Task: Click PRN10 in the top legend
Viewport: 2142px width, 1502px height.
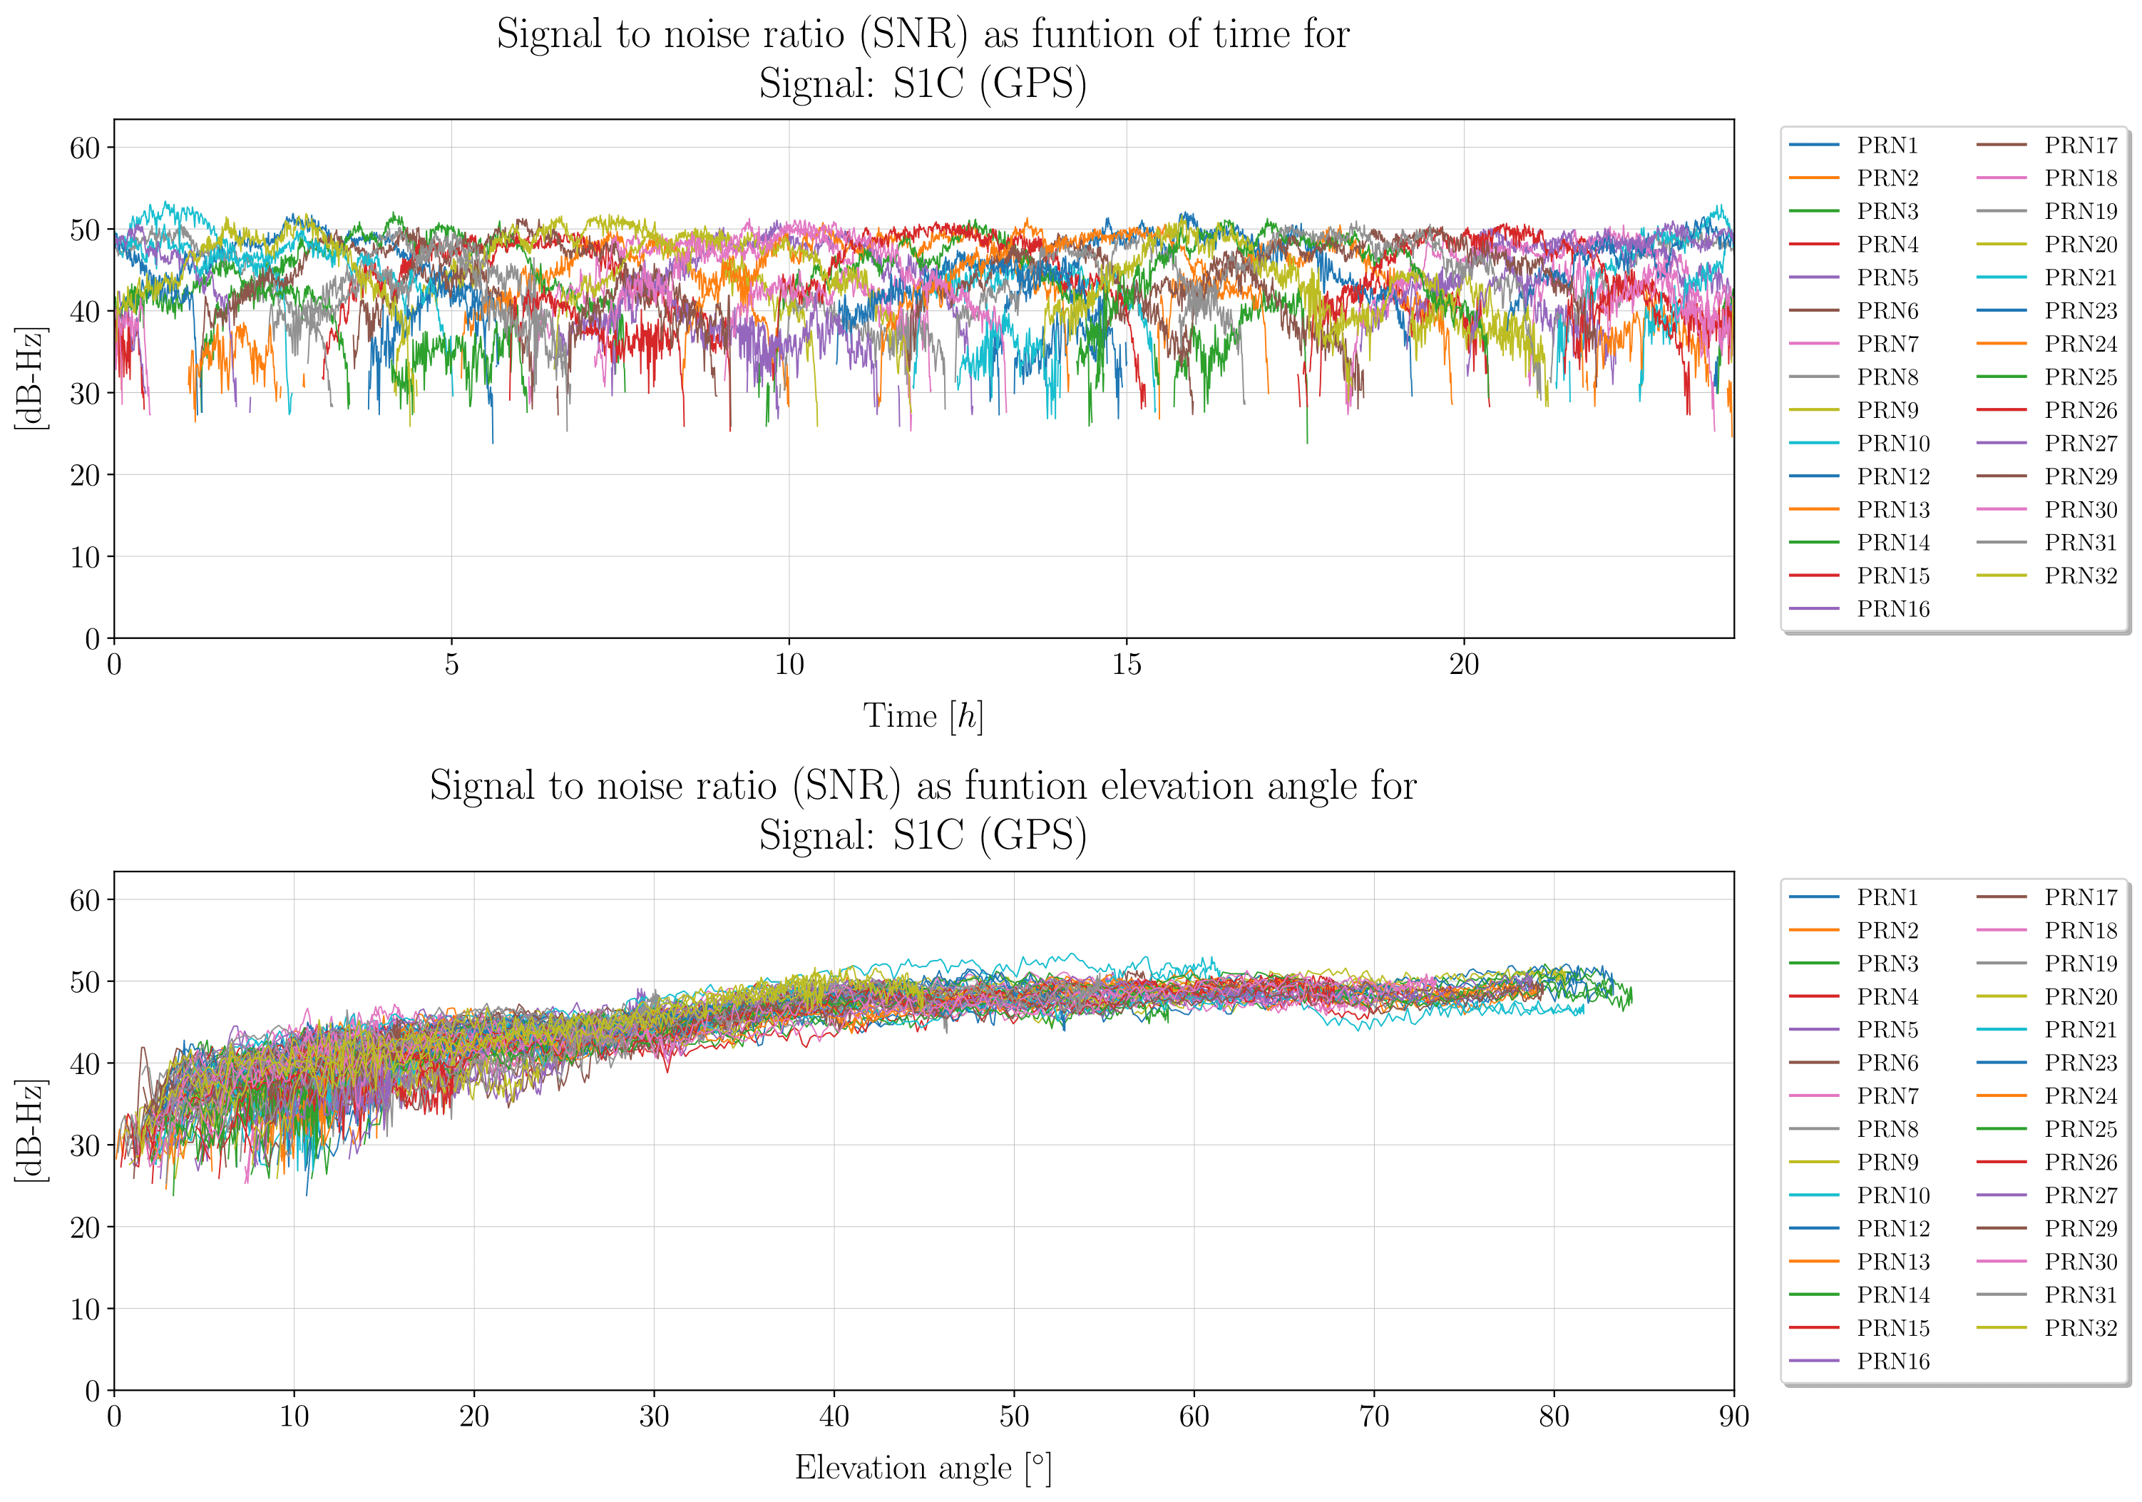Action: pyautogui.click(x=1893, y=443)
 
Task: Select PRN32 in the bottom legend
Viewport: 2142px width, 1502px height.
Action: pyautogui.click(x=2081, y=1327)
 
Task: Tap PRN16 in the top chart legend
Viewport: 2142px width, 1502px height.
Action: pyautogui.click(x=1893, y=609)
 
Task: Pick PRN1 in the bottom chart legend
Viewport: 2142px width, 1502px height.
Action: pyautogui.click(x=1887, y=897)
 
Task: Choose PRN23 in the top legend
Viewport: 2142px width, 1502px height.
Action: pyautogui.click(x=2081, y=311)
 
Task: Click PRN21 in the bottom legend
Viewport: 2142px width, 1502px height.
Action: pyautogui.click(x=2081, y=1030)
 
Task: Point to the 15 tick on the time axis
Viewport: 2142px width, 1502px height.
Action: pyautogui.click(x=1126, y=665)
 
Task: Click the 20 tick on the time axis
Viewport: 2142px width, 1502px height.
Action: pyautogui.click(x=1464, y=665)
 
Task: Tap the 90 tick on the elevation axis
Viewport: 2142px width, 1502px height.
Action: pyautogui.click(x=1733, y=1417)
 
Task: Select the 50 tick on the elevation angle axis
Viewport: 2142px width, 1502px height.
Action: pyautogui.click(x=1014, y=1417)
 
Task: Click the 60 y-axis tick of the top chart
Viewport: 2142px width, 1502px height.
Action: pyautogui.click(x=85, y=148)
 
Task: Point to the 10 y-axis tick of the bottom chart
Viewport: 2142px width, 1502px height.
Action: pyautogui.click(x=85, y=1309)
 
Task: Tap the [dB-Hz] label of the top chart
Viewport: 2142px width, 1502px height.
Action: pyautogui.click(x=31, y=378)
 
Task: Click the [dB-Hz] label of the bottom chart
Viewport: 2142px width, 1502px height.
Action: pyautogui.click(x=31, y=1130)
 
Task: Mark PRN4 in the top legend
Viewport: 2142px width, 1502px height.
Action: pyautogui.click(x=1887, y=245)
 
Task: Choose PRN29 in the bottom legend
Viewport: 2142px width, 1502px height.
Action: pyautogui.click(x=2081, y=1229)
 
